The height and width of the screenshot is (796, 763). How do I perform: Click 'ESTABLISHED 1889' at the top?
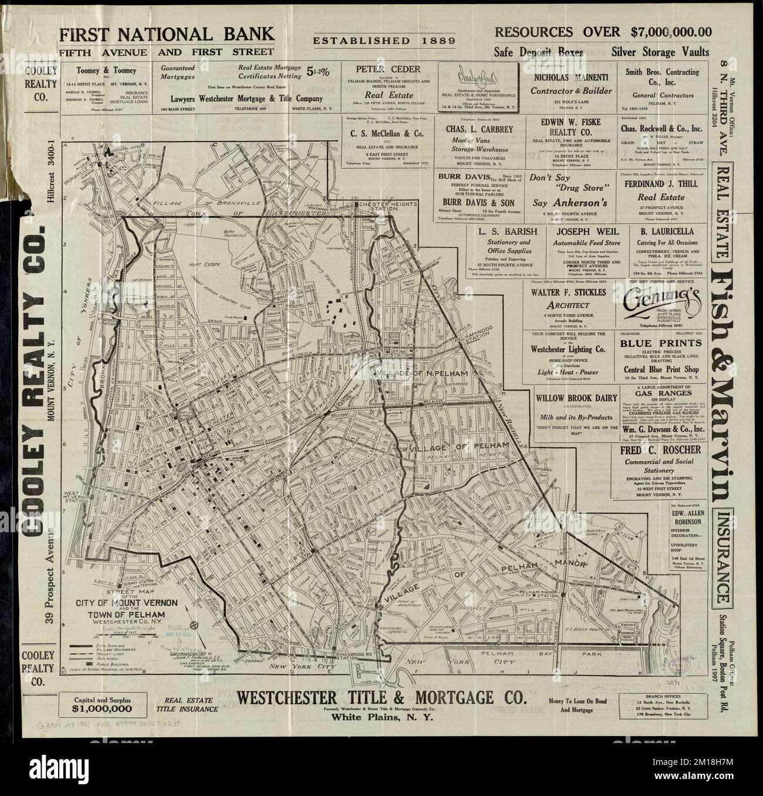pos(384,41)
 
